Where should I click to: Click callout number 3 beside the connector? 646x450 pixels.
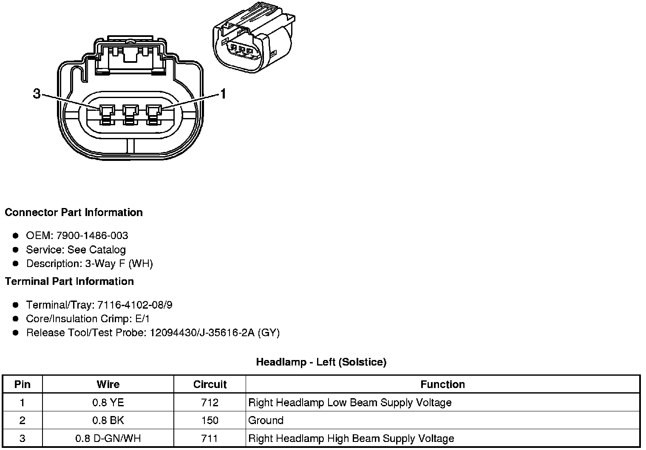37,94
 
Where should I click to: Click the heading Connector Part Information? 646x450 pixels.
74,212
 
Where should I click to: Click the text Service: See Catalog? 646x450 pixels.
76,250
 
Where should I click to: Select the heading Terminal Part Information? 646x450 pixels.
69,281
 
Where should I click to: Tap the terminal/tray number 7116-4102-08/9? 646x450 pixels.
135,305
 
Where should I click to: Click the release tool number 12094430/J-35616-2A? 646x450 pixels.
202,333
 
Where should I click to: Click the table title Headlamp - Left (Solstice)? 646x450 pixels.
321,362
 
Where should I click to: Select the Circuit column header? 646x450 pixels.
210,385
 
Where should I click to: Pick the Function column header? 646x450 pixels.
442,385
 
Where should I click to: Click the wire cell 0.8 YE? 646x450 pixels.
108,402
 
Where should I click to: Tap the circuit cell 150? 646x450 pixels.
210,420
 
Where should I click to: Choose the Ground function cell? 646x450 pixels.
266,420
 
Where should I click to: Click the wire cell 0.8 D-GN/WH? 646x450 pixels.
108,438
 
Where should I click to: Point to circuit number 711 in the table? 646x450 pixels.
210,438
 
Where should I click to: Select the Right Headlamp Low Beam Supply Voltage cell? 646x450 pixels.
350,402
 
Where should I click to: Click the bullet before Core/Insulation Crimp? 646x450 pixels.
16,319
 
